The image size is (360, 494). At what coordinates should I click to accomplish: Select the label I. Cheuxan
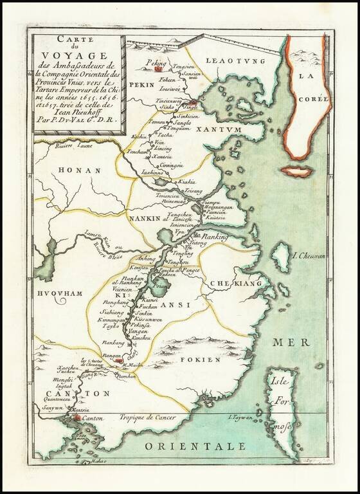310,257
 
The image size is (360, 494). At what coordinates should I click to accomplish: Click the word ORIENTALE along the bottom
195,446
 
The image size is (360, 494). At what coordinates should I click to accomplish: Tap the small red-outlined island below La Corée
296,172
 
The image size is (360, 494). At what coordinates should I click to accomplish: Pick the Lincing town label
164,149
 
